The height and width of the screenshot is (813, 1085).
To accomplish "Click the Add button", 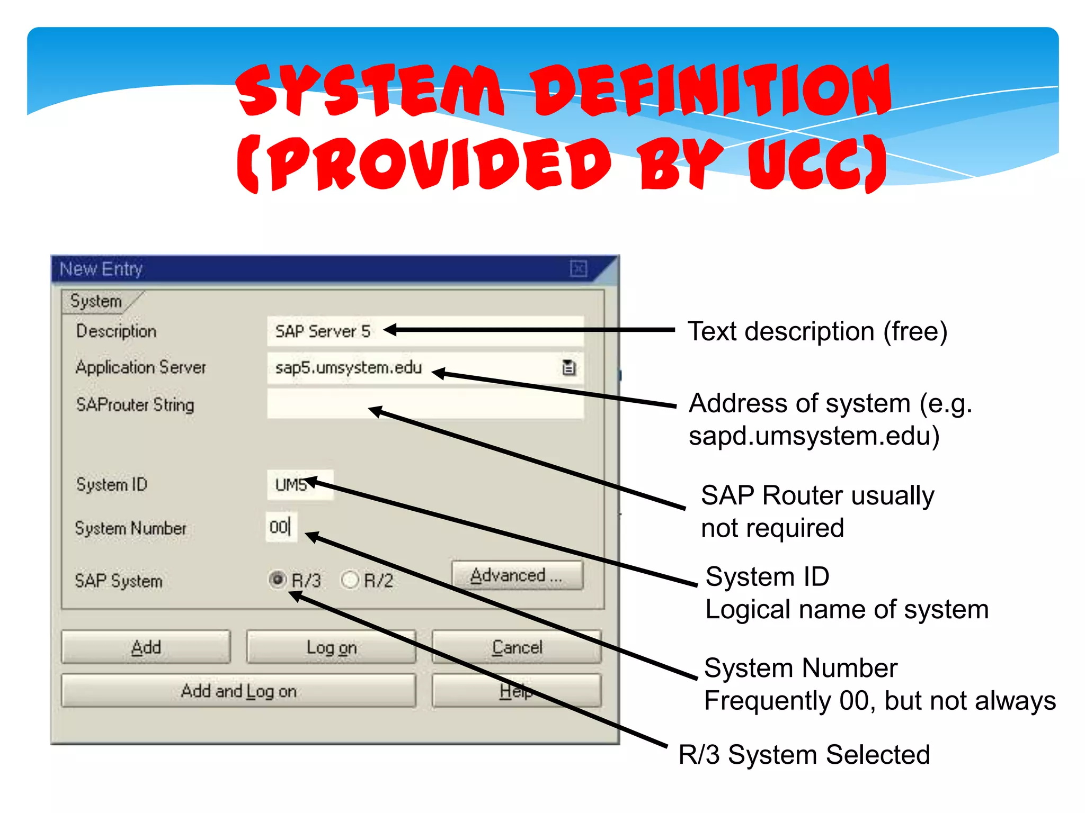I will click(146, 647).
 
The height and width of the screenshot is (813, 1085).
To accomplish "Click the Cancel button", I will click(517, 647).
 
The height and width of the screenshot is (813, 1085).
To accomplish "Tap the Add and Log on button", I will click(238, 691).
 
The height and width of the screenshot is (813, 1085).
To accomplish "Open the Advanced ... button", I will click(517, 575).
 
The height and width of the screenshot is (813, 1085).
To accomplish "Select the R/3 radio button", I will click(277, 580).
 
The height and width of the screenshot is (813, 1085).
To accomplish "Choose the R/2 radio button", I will click(350, 580).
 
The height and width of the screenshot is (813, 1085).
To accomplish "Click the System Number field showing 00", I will click(281, 527).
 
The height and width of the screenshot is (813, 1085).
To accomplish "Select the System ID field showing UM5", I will click(300, 485).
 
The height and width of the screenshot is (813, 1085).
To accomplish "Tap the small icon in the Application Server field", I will click(568, 367).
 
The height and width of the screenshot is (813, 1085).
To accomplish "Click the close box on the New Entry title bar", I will click(578, 269).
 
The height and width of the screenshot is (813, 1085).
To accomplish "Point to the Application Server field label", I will click(141, 367).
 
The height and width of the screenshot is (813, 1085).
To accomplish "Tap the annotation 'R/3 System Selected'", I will click(804, 754).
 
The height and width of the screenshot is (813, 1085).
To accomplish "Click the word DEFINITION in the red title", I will click(713, 90).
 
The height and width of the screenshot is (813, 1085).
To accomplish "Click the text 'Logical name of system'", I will click(847, 609).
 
